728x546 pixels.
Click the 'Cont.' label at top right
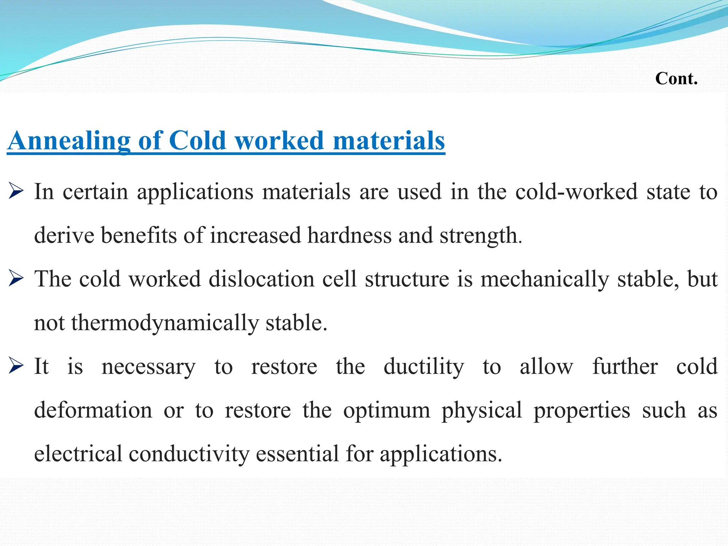676,78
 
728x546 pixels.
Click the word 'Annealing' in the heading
69,141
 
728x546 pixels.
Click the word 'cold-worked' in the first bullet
576,192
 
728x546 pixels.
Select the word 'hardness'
349,236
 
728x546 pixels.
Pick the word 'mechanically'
545,280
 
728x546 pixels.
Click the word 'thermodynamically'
165,323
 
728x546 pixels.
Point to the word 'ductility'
424,367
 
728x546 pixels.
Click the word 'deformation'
93,410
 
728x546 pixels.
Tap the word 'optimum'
386,411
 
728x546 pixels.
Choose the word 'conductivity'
189,454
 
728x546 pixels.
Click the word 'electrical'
78,454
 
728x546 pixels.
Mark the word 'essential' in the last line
297,454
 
